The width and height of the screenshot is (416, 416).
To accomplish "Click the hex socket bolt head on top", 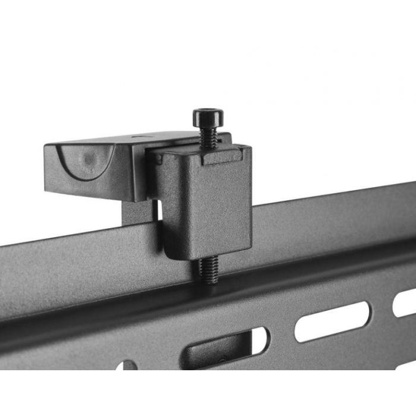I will point(208,116).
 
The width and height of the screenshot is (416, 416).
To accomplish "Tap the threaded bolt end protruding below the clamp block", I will point(208,270).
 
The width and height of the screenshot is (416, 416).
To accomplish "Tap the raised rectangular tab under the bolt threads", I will point(222,156).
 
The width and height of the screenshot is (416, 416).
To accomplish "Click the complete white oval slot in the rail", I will point(332,322).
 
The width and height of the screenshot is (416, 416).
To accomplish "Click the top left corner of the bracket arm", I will point(46,146).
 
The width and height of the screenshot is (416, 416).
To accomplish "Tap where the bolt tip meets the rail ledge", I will point(209,282).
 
